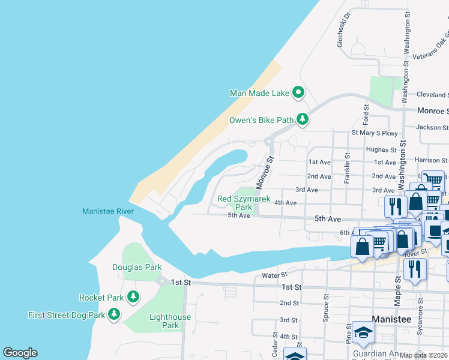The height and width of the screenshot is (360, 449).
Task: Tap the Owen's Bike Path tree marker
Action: point(303,120)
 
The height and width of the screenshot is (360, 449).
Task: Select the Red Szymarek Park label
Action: point(244,203)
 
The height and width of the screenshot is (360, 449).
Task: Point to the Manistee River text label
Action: point(108,211)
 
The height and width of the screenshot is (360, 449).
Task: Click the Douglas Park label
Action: point(137,267)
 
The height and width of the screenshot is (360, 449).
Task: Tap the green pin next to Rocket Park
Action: point(133,297)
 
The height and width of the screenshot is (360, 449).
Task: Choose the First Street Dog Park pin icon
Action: point(114,314)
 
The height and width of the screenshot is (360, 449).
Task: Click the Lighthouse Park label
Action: point(170,321)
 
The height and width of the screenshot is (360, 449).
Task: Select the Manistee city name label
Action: point(391,319)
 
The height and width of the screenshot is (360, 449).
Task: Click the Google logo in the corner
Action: point(20,353)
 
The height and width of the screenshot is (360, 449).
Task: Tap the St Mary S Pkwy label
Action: point(375,133)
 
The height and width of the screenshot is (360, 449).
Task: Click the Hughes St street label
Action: point(381,149)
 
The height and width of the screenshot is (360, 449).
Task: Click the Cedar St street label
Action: point(275,344)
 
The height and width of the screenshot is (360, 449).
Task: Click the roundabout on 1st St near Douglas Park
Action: point(161,282)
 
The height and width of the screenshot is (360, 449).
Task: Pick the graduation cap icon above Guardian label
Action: point(363,332)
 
